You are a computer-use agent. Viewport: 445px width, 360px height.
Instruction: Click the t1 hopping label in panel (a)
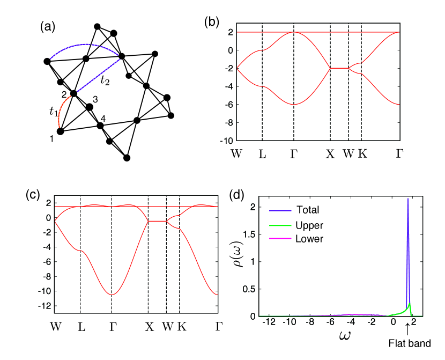(53, 112)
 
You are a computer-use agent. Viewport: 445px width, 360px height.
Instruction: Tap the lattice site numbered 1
(61, 131)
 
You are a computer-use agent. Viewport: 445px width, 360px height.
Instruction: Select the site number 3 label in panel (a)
(95, 99)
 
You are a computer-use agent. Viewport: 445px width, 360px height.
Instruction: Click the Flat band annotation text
(412, 342)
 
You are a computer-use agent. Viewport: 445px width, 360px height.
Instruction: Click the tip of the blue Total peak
(408, 199)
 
